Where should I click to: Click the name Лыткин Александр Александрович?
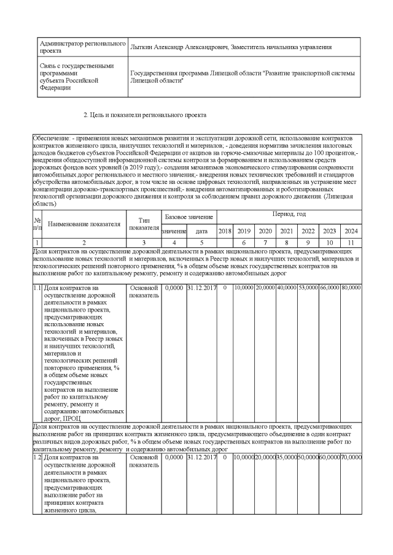click(x=179, y=47)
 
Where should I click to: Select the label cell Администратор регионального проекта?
click(x=82, y=48)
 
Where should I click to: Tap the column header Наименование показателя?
click(x=84, y=224)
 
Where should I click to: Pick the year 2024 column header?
click(x=351, y=231)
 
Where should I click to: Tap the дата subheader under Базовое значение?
click(x=201, y=231)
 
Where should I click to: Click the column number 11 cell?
click(x=351, y=243)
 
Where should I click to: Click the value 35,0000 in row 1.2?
click(x=286, y=457)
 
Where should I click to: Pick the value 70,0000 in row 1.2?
click(x=351, y=457)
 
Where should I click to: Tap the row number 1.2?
click(x=37, y=457)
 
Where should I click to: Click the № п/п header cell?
click(x=37, y=224)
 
